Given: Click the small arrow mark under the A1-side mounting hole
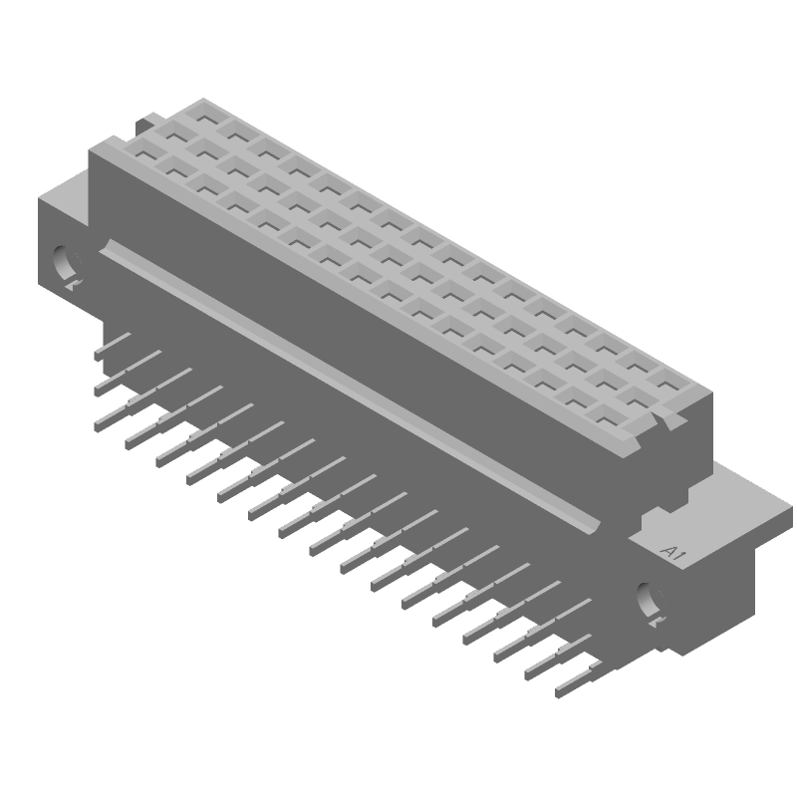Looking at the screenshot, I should point(657,623).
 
